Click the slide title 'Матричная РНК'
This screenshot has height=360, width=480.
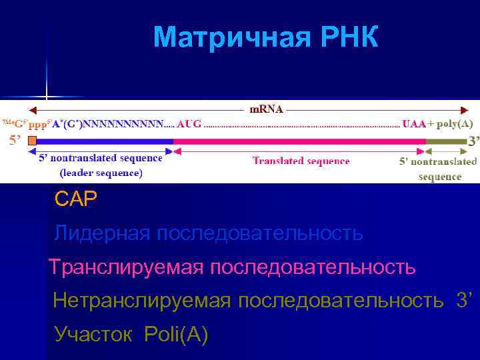click(x=265, y=38)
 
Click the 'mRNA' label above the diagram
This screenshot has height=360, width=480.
click(x=265, y=108)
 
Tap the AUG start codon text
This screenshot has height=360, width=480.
click(x=189, y=124)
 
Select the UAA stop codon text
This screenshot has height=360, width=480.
click(x=413, y=124)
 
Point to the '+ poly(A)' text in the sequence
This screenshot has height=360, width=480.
click(x=451, y=124)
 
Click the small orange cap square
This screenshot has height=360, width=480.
click(x=31, y=141)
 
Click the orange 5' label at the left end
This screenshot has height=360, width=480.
click(x=15, y=141)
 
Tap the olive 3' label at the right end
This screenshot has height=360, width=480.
click(x=473, y=141)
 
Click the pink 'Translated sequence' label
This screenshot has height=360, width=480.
click(x=301, y=161)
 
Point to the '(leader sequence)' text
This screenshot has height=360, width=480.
click(x=101, y=173)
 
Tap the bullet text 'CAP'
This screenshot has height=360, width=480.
click(x=76, y=198)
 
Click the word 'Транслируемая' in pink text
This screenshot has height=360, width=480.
click(x=126, y=268)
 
